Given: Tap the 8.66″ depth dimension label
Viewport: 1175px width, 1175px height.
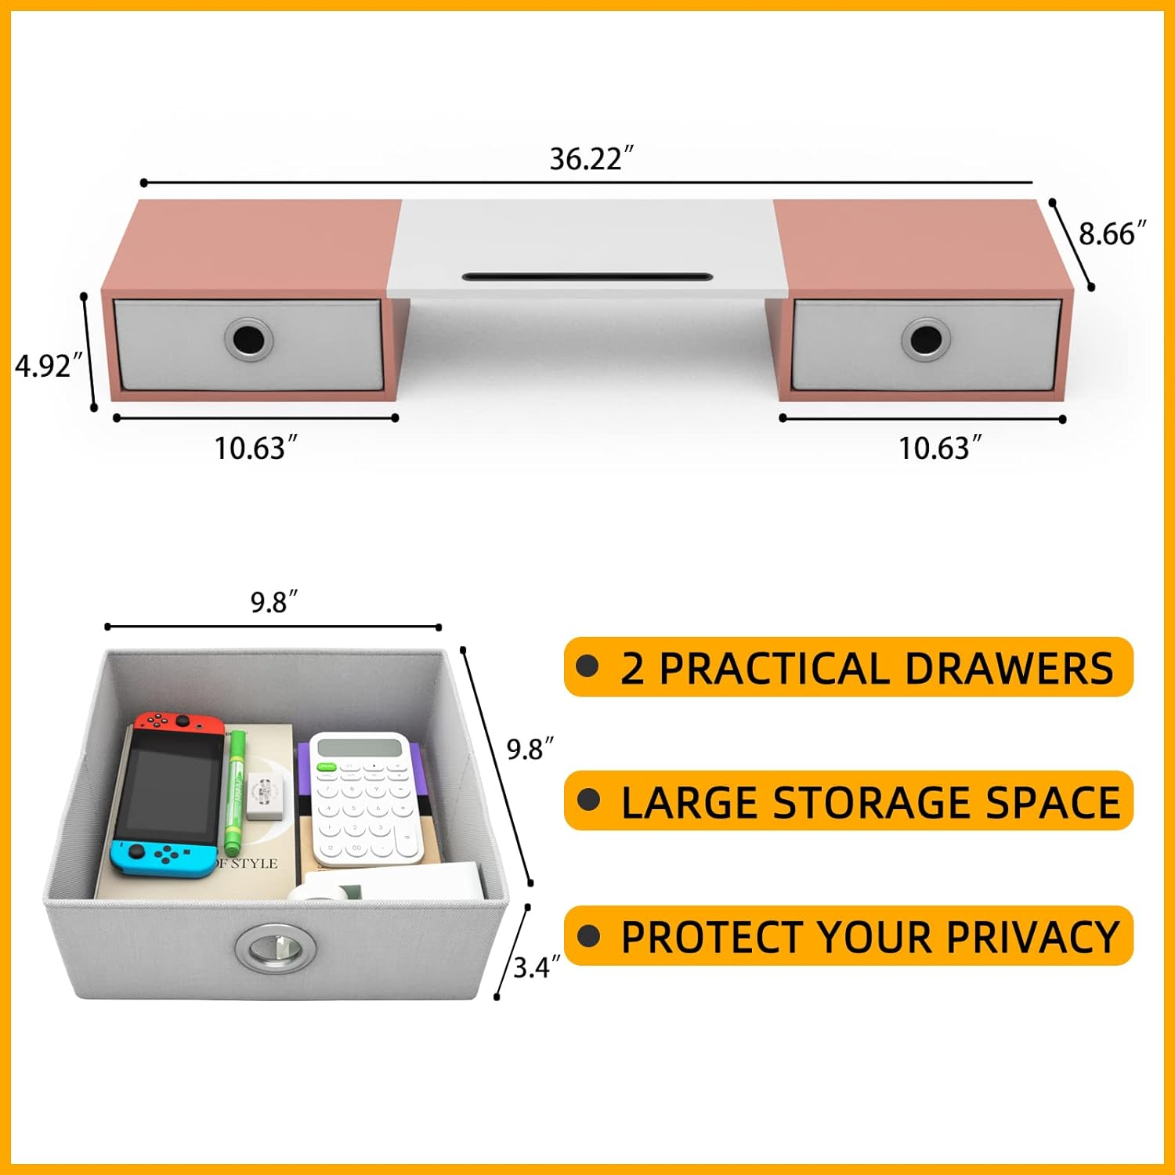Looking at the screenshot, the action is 1112,233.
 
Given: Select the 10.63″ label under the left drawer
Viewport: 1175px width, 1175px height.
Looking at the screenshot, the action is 256,448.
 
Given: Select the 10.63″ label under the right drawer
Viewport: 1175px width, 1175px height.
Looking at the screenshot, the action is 939,448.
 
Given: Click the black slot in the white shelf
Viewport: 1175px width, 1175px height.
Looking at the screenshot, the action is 587,277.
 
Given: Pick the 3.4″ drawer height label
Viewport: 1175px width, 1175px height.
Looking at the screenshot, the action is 537,967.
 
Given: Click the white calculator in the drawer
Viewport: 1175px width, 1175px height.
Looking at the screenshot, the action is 367,799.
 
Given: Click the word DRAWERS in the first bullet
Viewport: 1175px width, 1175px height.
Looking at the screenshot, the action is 1009,668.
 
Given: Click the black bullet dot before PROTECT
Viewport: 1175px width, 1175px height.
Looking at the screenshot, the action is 587,935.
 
